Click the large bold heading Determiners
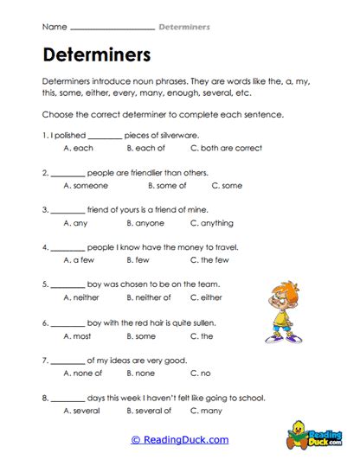click(x=96, y=54)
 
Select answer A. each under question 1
click(x=79, y=149)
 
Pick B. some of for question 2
click(x=167, y=185)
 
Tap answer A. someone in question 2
click(x=86, y=185)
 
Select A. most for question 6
click(x=79, y=335)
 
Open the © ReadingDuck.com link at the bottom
click(x=179, y=439)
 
